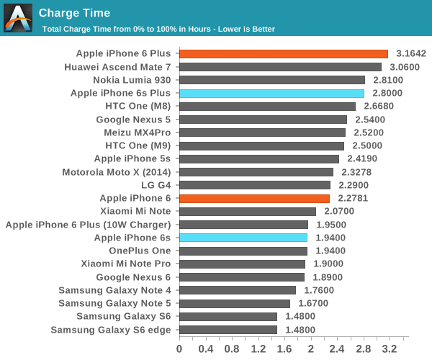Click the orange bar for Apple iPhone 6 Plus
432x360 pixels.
click(283, 53)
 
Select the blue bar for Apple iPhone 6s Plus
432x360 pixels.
click(271, 93)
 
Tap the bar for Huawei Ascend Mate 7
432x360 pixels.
click(280, 67)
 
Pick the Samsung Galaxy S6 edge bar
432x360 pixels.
click(228, 330)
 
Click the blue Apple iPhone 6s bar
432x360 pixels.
click(243, 238)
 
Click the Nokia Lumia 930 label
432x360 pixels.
click(132, 80)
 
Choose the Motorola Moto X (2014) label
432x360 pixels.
click(117, 172)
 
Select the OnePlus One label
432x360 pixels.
click(140, 251)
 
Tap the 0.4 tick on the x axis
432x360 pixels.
click(205, 349)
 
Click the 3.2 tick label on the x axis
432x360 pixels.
click(390, 349)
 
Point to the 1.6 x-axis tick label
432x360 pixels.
click(284, 349)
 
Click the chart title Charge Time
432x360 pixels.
click(74, 12)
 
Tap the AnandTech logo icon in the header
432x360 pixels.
click(18, 17)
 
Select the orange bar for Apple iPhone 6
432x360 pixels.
click(254, 198)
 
